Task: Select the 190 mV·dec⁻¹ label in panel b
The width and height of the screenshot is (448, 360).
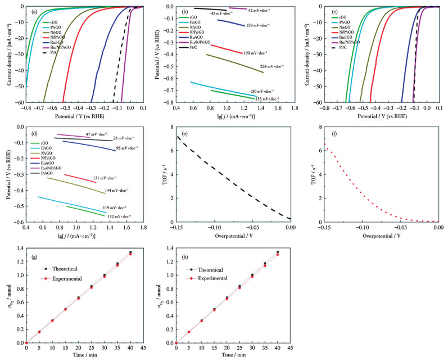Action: coord(255,53)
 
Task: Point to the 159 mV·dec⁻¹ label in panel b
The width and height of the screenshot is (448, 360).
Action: coord(257,25)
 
